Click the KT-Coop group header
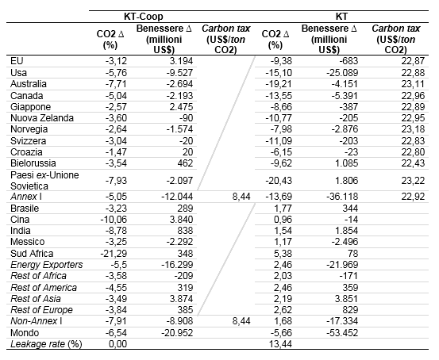(x=144, y=17)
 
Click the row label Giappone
(x=30, y=107)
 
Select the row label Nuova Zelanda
(x=42, y=118)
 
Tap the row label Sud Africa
(x=32, y=254)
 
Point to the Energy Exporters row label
(x=47, y=265)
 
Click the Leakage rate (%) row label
(x=46, y=344)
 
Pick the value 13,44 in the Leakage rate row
(x=280, y=344)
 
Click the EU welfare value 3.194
(x=181, y=61)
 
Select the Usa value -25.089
(x=342, y=73)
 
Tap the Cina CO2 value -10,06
(x=114, y=220)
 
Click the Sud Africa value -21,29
(x=114, y=254)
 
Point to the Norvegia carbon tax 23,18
(x=413, y=129)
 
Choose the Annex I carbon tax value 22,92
(x=413, y=197)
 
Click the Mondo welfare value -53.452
(x=342, y=333)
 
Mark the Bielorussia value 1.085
(x=347, y=163)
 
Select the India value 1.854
(x=347, y=231)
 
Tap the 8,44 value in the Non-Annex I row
(x=241, y=321)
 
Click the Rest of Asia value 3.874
(x=181, y=299)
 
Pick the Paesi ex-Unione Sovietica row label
(x=44, y=181)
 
